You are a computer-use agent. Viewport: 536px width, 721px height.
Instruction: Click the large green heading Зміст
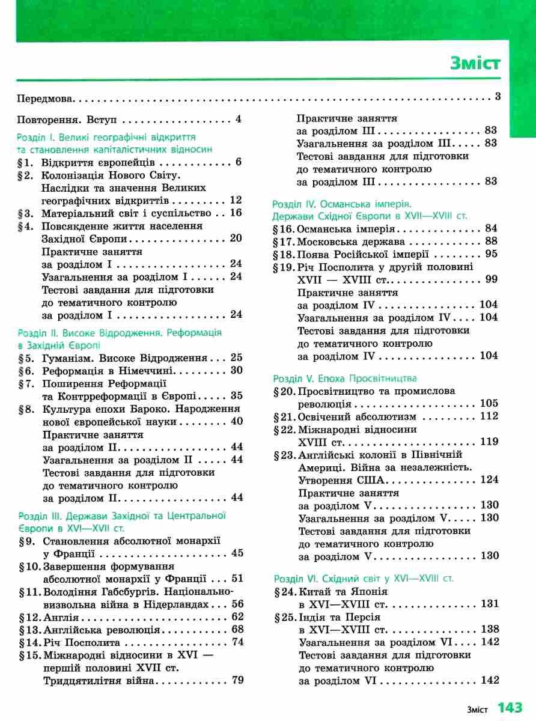coord(475,63)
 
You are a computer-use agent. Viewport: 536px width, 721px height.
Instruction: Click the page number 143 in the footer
coord(510,707)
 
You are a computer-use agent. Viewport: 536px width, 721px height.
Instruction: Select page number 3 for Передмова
coord(498,97)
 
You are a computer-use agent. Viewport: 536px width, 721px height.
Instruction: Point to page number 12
coord(236,200)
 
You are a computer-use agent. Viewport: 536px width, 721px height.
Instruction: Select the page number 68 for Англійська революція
coord(237,629)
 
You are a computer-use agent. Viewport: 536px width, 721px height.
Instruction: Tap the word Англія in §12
coord(62,616)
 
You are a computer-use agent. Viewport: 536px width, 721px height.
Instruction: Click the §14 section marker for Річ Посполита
coord(30,642)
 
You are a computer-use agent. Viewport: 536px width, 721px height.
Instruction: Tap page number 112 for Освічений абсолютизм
coord(490,416)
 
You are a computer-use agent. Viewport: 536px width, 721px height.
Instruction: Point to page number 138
coord(490,629)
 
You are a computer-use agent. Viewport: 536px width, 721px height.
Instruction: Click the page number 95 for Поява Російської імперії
coord(492,254)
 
